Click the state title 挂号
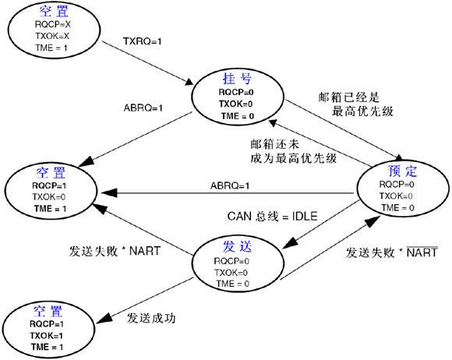pos(233,79)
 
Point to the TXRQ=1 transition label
pos(143,39)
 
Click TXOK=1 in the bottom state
pos(46,334)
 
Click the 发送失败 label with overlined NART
pos(390,253)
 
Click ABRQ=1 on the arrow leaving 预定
pos(230,185)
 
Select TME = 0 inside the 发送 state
pos(233,284)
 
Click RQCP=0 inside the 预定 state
pos(403,184)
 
